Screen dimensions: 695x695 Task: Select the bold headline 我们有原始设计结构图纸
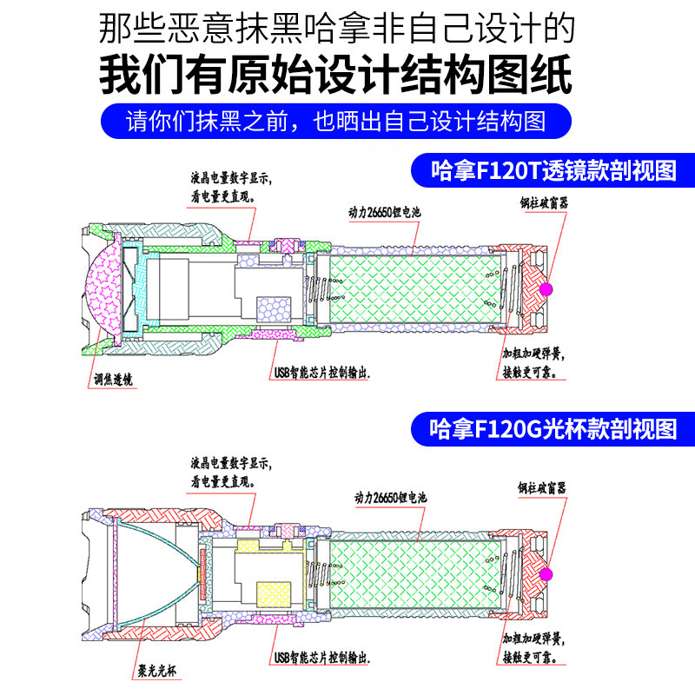336,76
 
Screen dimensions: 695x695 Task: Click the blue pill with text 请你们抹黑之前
336,121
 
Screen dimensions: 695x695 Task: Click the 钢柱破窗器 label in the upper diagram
544,203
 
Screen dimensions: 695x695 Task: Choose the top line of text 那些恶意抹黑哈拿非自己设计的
336,29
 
